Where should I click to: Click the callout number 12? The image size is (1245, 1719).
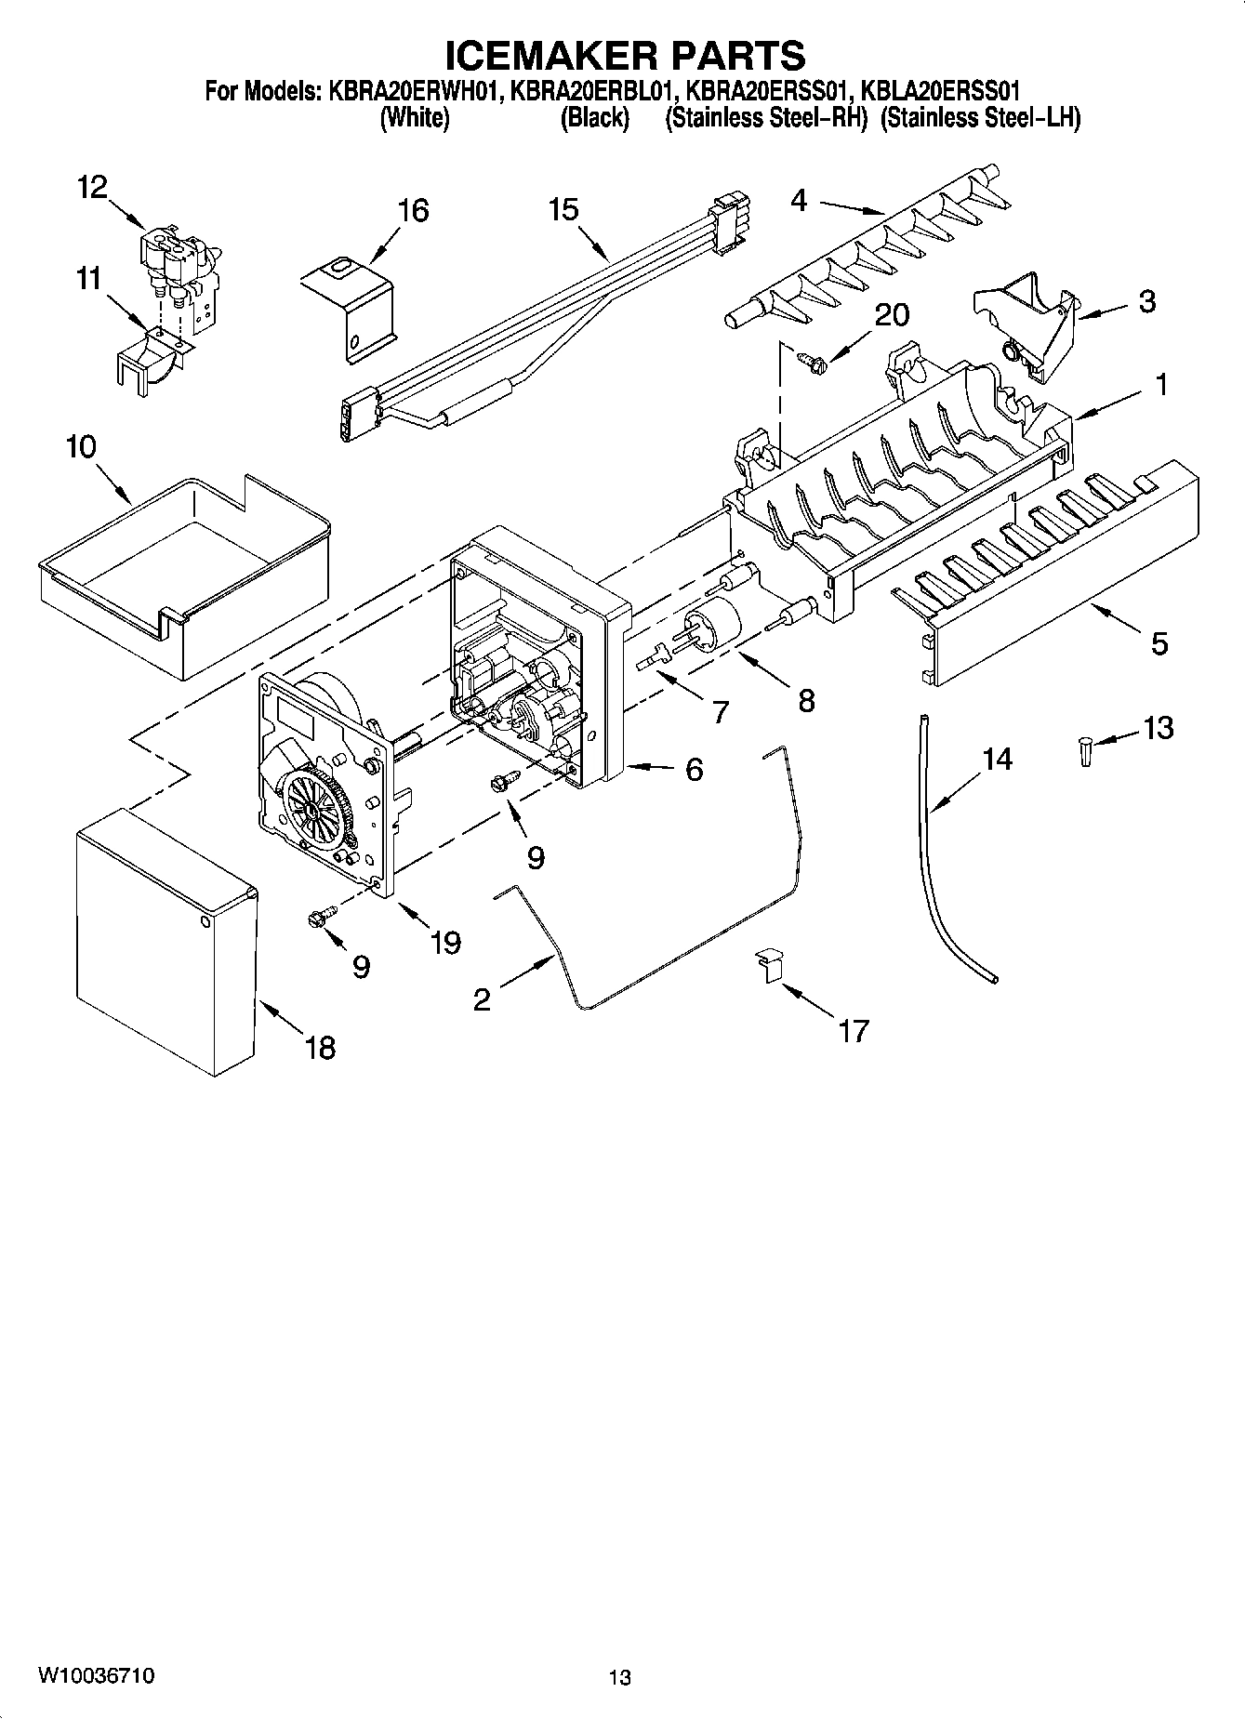click(x=92, y=188)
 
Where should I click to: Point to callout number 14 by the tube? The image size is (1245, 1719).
click(x=997, y=760)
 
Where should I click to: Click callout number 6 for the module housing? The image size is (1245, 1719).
click(x=695, y=770)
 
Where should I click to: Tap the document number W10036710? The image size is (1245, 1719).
click(x=96, y=1675)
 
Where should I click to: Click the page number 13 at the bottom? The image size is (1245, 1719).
click(x=620, y=1677)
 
